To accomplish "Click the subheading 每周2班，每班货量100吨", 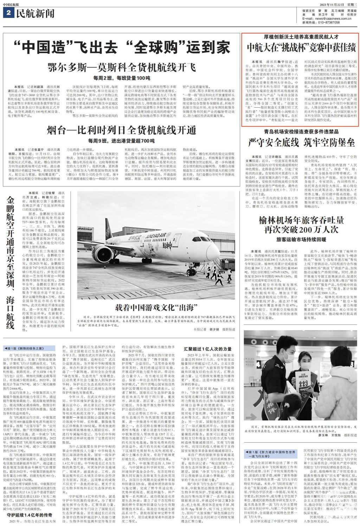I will tap(122, 78).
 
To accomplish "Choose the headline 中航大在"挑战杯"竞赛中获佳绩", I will tap(301, 47).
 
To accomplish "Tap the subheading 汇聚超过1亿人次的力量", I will tap(207, 349).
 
